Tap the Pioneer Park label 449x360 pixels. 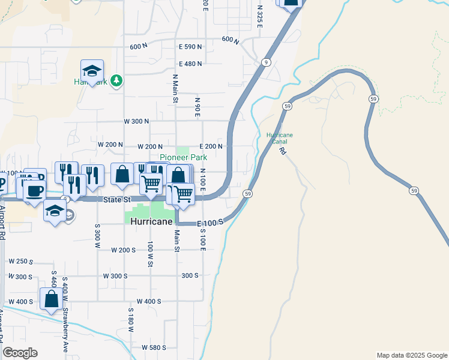pos(183,157)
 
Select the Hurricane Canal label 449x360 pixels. pos(280,139)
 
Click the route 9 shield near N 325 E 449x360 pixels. pos(265,62)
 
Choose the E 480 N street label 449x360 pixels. pos(190,64)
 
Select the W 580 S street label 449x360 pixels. pos(154,347)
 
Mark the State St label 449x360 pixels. pos(117,200)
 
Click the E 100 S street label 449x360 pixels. pos(210,223)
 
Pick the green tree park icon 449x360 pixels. pos(116,81)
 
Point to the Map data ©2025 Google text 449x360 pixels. pos(412,355)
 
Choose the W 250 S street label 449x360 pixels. pos(20,261)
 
